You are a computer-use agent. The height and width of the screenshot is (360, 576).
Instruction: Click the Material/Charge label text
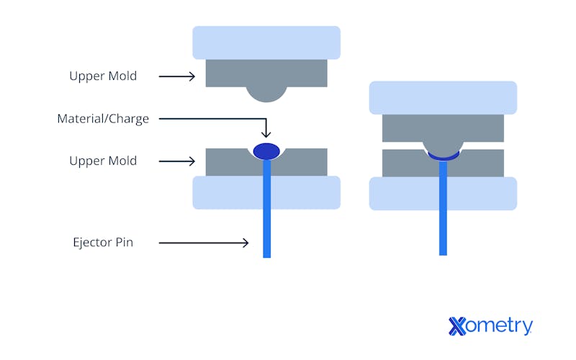[103, 119]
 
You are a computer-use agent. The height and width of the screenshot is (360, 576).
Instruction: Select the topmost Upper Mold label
[103, 76]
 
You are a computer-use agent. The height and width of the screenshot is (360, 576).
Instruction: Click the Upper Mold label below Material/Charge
[103, 161]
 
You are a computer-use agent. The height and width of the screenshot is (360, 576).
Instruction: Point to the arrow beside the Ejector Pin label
[203, 243]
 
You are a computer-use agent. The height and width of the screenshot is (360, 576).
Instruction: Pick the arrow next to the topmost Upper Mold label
[176, 76]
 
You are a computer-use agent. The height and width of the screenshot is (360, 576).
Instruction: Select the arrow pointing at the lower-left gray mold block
[176, 161]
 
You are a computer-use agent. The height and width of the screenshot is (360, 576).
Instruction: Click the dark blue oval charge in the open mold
[266, 151]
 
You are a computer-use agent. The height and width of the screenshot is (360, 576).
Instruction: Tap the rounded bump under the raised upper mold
[266, 93]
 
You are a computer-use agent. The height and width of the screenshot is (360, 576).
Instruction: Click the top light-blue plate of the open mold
[266, 42]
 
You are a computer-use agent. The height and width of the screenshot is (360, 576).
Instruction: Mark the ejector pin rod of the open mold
[266, 216]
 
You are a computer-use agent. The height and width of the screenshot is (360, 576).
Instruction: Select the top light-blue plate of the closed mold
[443, 97]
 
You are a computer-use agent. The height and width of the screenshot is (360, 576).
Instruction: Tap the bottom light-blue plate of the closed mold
[403, 193]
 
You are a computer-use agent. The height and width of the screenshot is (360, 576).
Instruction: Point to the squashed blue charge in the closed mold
[443, 156]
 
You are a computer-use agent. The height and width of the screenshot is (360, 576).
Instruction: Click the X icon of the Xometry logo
[458, 326]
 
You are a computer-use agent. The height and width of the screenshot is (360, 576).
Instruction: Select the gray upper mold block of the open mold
[223, 73]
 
